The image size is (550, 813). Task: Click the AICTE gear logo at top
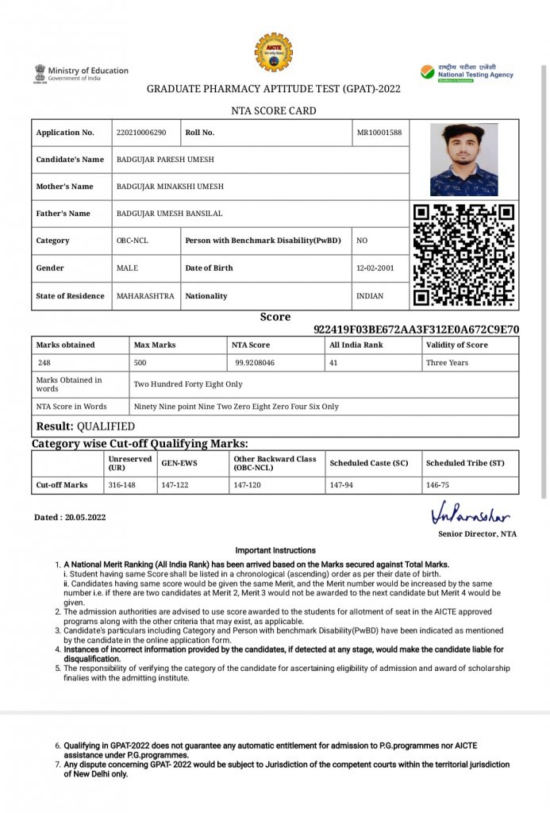273,52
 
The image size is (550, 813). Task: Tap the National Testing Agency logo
467,74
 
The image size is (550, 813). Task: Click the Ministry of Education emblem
40,73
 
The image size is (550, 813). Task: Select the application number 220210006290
141,133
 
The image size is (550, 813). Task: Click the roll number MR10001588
380,133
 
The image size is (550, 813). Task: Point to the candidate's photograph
463,160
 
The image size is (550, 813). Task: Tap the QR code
464,256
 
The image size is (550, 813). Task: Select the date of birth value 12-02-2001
375,268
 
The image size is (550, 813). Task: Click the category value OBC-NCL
133,241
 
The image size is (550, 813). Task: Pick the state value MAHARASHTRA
145,296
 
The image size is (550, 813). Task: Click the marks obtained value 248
44,363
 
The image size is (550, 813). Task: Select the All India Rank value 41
334,363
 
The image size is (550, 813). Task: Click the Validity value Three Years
447,363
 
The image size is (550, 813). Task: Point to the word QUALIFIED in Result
106,426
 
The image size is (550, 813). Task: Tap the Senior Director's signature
471,514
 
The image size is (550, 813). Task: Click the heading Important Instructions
275,550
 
